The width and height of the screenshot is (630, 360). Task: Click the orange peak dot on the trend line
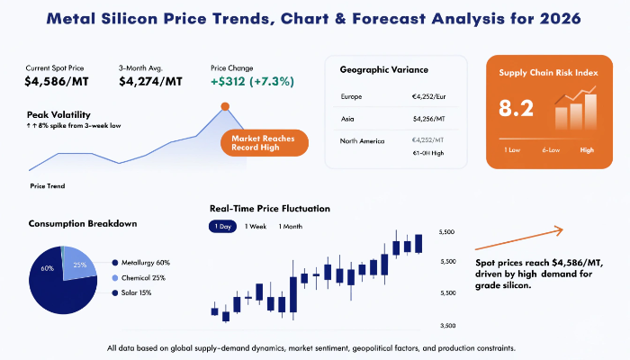[225, 106]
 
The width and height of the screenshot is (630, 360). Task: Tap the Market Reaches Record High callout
[264, 143]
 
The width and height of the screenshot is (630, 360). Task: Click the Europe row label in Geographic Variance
[352, 95]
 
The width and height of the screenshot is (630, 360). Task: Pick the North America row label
[363, 140]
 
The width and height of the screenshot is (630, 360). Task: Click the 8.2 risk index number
[517, 109]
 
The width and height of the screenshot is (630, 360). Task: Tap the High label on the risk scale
[587, 150]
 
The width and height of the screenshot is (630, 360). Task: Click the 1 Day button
[221, 226]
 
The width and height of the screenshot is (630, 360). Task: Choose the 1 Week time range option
[256, 226]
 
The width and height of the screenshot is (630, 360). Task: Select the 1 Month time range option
[292, 226]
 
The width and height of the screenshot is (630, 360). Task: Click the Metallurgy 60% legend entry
[144, 262]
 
